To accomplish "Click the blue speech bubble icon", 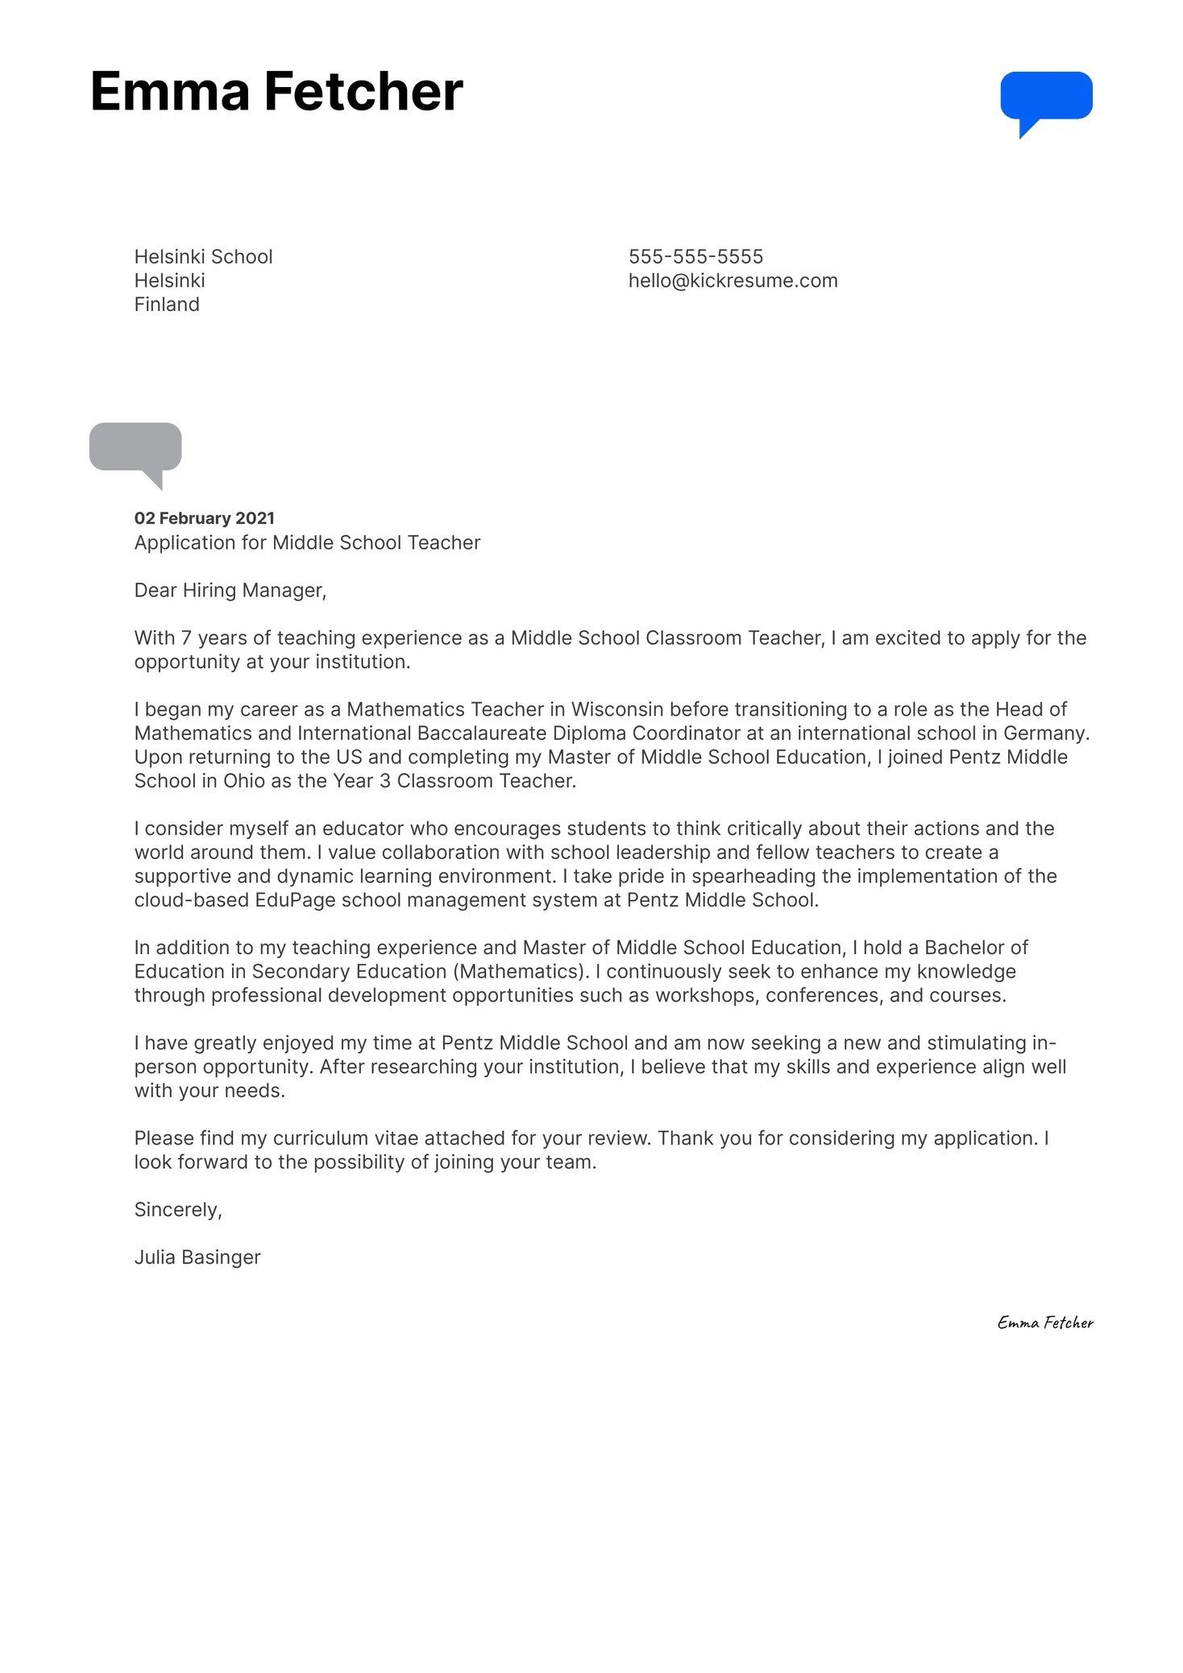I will (1046, 98).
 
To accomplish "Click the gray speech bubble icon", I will (135, 447).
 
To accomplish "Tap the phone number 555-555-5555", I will (695, 257).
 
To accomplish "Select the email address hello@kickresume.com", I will (733, 281).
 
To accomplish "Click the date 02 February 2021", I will (205, 518).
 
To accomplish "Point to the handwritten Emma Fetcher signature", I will (1045, 1322).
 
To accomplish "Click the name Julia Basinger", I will (197, 1257).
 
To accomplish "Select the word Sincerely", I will (176, 1210).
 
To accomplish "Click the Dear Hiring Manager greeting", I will (230, 591).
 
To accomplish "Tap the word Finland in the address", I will (167, 305).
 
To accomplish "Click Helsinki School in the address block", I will (203, 257).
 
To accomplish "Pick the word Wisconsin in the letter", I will (617, 709).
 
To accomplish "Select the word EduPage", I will (295, 900).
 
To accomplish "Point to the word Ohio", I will (244, 781).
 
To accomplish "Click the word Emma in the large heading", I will (170, 91).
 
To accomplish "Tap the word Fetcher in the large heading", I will (363, 91).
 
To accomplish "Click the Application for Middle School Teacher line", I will (307, 543).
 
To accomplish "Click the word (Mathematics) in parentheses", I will (523, 972).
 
